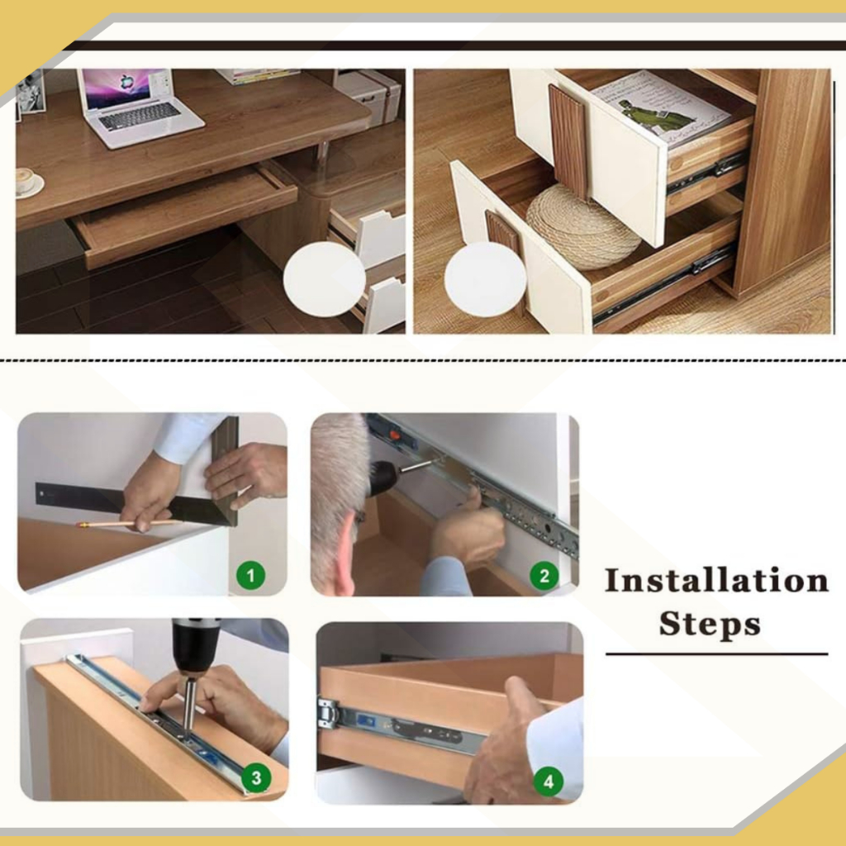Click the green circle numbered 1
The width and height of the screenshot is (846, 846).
coord(251,576)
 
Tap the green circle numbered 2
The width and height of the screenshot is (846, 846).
coord(544,576)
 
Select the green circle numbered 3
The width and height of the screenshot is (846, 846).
coord(256,778)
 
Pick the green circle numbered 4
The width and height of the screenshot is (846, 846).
coord(549,782)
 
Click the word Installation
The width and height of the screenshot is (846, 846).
coord(716,581)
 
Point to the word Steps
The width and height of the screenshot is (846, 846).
coord(710,625)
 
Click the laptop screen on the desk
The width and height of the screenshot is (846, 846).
coord(126,87)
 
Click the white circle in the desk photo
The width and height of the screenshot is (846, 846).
coord(325,279)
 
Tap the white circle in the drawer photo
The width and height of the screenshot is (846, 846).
coord(485,280)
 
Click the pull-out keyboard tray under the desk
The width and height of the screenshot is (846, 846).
coord(183,215)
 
